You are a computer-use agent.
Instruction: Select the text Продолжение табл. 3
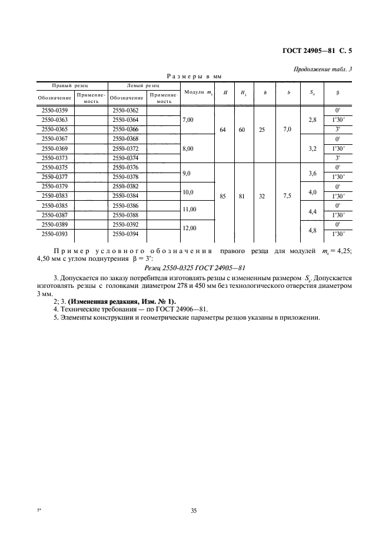coord(322,69)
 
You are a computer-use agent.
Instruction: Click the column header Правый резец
coord(69,86)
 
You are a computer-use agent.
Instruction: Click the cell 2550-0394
coord(125,234)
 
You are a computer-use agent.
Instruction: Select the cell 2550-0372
coord(125,148)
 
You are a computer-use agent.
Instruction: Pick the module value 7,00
coord(188,120)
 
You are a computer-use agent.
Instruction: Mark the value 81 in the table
coord(242,197)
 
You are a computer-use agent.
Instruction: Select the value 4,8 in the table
coord(312,230)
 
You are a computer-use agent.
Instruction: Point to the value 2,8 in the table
coord(312,120)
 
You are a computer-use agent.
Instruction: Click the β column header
coord(337,92)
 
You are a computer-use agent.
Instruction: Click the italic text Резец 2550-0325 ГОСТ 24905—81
coord(194,268)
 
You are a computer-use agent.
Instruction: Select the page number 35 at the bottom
coord(194,510)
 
